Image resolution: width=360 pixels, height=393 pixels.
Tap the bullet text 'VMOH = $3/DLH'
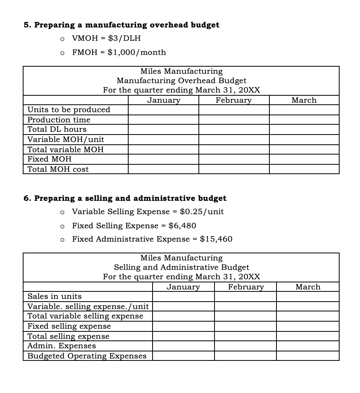coord(106,38)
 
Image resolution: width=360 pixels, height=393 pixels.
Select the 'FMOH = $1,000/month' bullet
coord(119,53)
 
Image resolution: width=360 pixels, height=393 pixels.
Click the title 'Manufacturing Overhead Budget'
coord(182,81)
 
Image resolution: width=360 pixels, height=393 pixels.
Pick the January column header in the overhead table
coord(164,100)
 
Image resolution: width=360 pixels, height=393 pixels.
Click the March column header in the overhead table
coord(304,100)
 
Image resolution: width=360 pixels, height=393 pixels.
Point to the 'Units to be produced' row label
coord(69,110)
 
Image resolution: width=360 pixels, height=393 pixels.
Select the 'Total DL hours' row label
coord(57,129)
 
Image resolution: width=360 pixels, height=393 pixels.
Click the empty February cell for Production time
coord(234,120)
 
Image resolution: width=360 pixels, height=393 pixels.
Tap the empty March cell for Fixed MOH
coord(304,159)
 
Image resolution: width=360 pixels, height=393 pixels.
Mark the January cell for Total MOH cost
coord(164,169)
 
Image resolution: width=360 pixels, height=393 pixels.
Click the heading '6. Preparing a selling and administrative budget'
coord(125,198)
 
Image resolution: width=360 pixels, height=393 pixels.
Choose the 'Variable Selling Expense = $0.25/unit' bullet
coord(148,212)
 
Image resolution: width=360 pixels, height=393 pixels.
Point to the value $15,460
coord(216,239)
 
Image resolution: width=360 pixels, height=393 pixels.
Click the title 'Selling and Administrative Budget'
coord(182,267)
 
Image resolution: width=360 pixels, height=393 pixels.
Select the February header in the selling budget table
coord(246,287)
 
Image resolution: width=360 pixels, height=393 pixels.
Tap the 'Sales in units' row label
coord(55,297)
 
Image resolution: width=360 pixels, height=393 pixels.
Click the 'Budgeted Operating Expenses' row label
coord(87,356)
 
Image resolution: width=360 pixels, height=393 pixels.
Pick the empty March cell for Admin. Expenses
coord(307,346)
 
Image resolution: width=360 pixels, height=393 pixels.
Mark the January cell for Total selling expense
coord(183,336)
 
